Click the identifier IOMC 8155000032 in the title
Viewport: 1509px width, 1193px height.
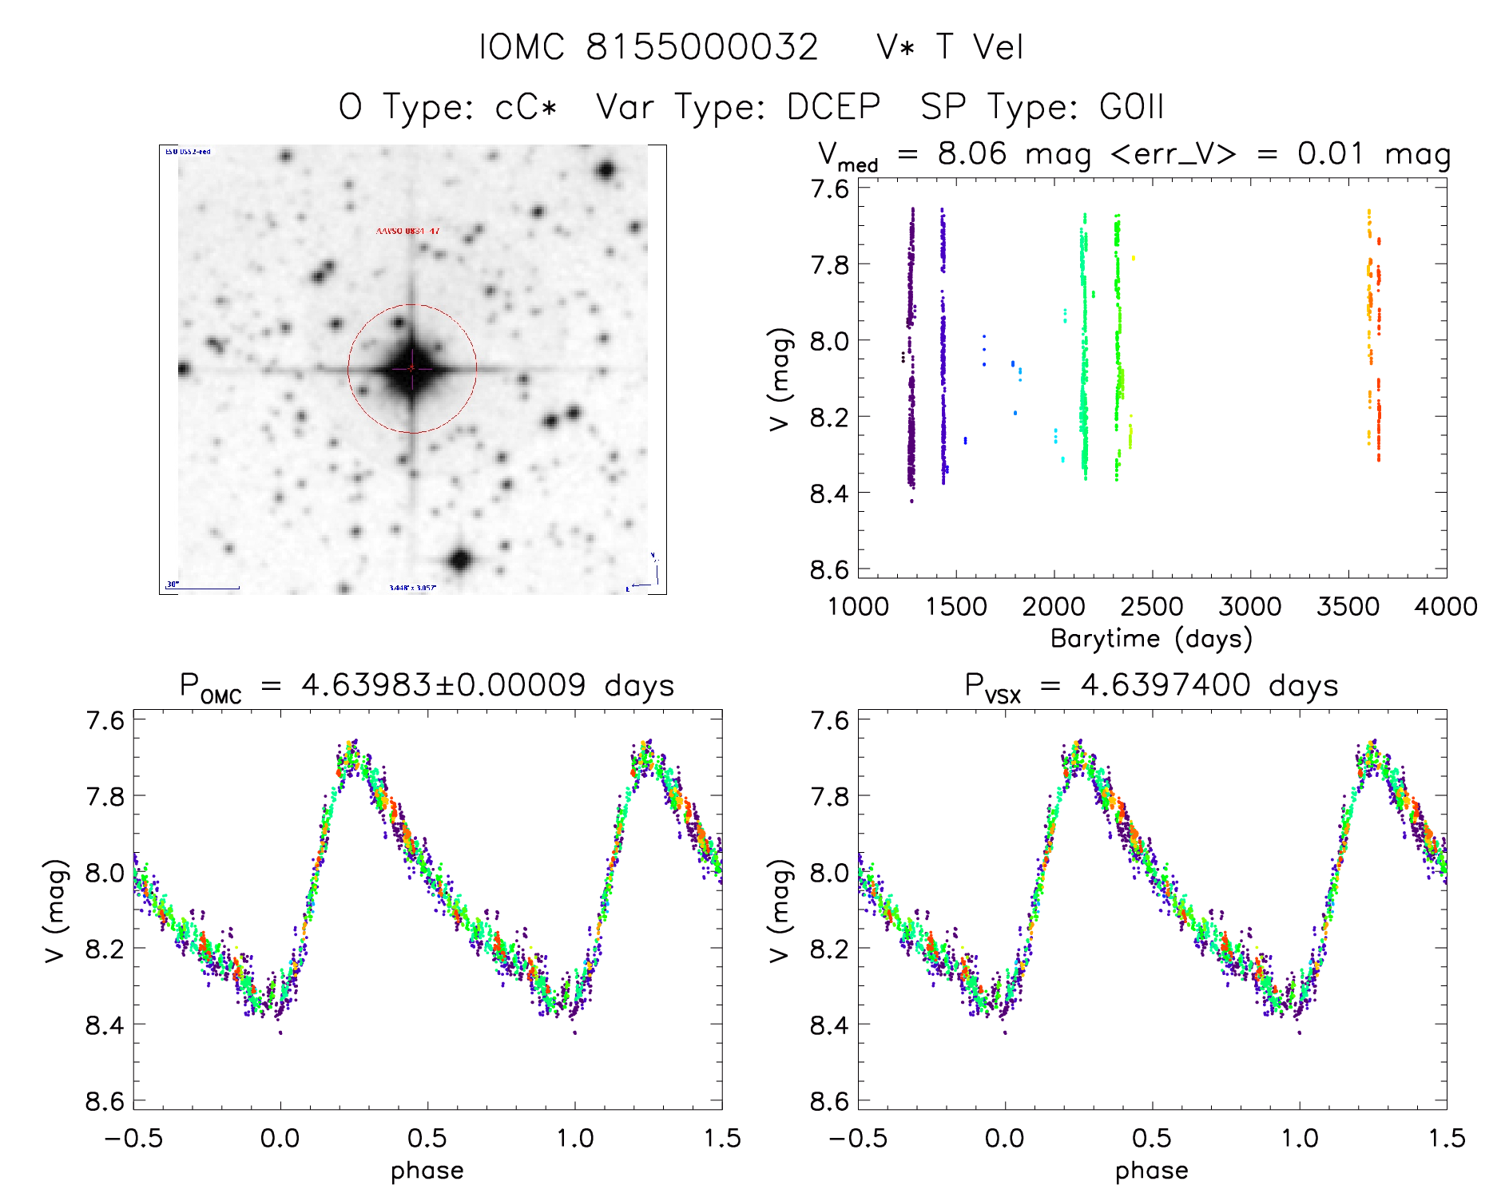point(649,47)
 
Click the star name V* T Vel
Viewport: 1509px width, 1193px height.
point(949,47)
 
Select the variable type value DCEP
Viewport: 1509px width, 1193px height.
point(833,107)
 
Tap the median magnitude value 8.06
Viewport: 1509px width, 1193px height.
point(972,153)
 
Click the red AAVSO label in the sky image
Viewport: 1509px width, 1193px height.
point(407,231)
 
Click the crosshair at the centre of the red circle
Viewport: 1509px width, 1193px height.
point(412,368)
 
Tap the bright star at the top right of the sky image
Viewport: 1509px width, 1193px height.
point(606,169)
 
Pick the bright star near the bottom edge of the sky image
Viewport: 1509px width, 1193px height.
point(459,559)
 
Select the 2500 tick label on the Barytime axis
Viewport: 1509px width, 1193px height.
point(1152,607)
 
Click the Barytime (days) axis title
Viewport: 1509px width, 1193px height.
point(1151,639)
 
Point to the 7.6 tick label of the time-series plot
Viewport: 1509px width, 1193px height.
point(830,189)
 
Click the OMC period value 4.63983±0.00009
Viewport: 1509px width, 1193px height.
point(443,685)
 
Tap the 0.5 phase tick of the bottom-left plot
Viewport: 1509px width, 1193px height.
point(427,1138)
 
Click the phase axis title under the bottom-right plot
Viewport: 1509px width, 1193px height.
point(1151,1171)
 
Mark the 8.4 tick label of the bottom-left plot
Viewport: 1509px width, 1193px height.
point(105,1025)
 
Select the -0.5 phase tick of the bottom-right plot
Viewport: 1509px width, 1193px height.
point(858,1138)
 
